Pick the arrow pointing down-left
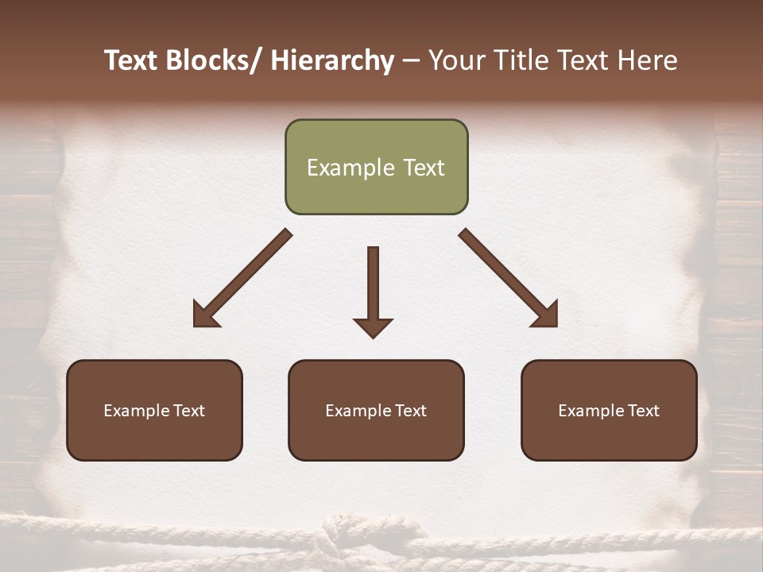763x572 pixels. (x=242, y=278)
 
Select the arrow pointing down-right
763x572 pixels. (x=509, y=278)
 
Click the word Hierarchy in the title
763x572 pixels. (x=332, y=61)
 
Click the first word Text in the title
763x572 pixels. (x=133, y=61)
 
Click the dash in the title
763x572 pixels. (x=411, y=61)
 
